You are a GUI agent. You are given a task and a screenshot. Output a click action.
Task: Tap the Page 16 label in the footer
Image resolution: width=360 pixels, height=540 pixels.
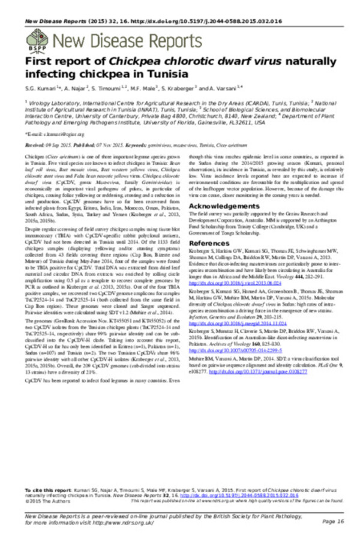(x=332, y=521)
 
